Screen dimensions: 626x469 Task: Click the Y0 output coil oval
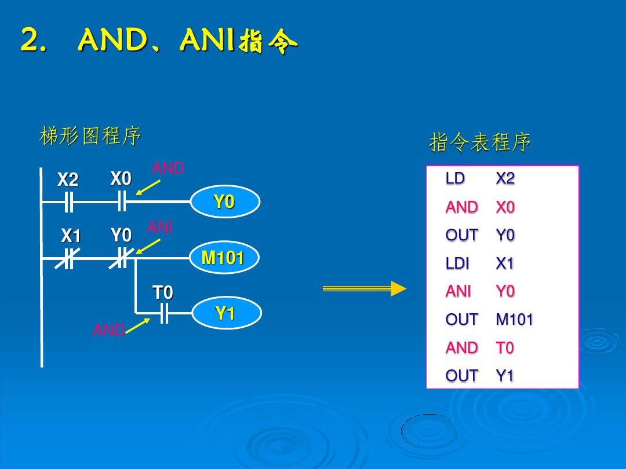225,201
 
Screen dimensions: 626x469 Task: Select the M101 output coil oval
224,257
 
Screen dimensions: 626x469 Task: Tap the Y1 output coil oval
227,313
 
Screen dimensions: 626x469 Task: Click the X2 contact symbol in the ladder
68,202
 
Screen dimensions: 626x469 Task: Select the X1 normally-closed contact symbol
68,258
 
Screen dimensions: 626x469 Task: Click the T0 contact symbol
163,313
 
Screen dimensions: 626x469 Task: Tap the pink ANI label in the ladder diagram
160,228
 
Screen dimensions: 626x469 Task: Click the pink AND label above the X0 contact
168,168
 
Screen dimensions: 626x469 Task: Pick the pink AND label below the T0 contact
109,330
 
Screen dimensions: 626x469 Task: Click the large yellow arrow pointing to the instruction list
364,288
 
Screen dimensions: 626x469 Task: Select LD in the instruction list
455,178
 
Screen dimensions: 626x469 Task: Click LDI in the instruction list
457,263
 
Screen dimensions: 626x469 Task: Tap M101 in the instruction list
515,320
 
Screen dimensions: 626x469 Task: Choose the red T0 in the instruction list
505,348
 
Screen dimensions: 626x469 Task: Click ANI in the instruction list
458,291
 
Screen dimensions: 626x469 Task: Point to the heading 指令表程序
480,142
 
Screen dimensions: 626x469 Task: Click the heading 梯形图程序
90,135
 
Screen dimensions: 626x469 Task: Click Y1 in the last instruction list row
505,376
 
